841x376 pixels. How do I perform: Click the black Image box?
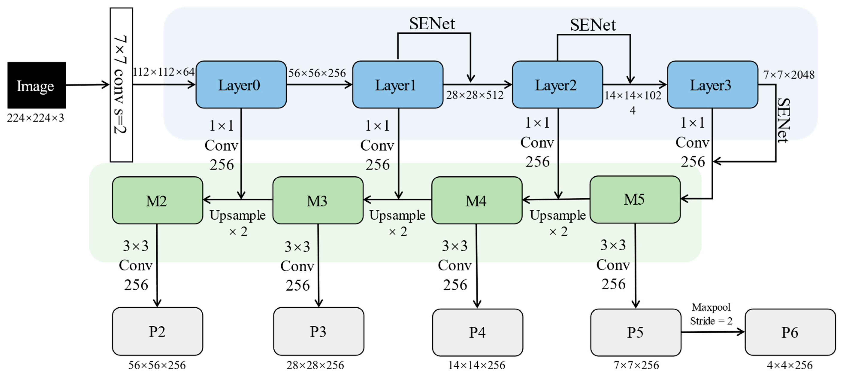pyautogui.click(x=36, y=85)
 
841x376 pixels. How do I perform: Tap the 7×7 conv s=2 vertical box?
pyautogui.click(x=121, y=85)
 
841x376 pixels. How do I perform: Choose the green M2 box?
pyautogui.click(x=157, y=200)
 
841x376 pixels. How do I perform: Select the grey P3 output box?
pyautogui.click(x=318, y=331)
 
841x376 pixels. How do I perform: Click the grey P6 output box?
pyautogui.click(x=790, y=332)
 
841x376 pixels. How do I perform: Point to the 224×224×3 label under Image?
pyautogui.click(x=36, y=118)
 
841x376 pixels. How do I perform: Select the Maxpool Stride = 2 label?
pyautogui.click(x=711, y=314)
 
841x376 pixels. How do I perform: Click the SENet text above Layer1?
pyautogui.click(x=432, y=24)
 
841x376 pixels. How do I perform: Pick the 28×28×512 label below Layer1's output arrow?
pyautogui.click(x=475, y=95)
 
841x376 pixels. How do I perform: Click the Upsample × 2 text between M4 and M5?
pyautogui.click(x=558, y=223)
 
